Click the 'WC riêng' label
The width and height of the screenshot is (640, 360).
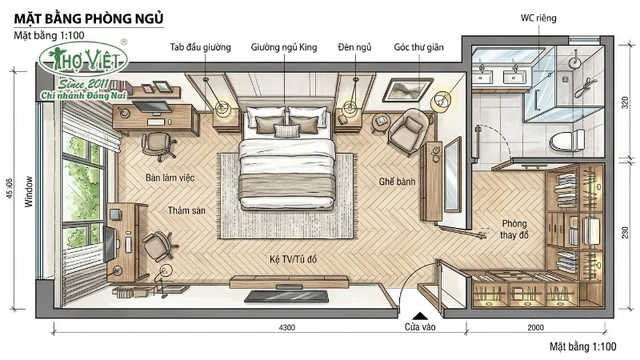(x=538, y=18)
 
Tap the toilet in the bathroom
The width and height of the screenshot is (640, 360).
(x=567, y=141)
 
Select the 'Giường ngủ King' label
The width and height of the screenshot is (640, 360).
(x=284, y=47)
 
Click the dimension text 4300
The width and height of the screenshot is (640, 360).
(x=287, y=327)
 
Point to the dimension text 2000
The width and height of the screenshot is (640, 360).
(x=535, y=327)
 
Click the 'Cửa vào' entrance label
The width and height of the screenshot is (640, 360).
(x=420, y=327)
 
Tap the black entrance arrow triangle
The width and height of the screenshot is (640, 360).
(x=419, y=315)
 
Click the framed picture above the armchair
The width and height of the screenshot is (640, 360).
(x=407, y=90)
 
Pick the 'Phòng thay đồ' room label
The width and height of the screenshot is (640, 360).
(x=514, y=230)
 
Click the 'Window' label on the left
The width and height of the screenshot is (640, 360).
(x=29, y=191)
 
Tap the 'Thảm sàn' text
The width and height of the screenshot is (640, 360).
(x=186, y=210)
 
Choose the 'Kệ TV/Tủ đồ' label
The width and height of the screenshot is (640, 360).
(x=293, y=259)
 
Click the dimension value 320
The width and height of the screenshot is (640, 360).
(x=625, y=102)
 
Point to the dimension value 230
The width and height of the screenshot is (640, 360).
(x=625, y=233)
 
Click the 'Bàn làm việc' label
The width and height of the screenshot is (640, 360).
(x=170, y=178)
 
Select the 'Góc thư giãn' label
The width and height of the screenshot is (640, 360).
(x=418, y=47)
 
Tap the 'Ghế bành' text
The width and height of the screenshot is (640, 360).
(x=397, y=182)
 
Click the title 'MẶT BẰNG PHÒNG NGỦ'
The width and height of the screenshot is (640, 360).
(x=89, y=18)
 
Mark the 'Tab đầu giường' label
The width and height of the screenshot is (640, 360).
(x=201, y=47)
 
